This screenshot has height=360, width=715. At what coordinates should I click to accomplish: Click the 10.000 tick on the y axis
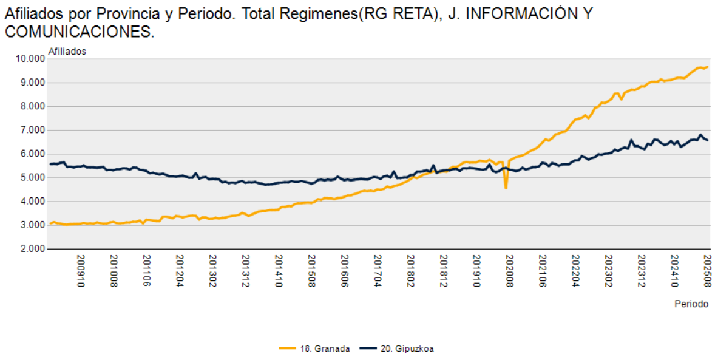click(30, 59)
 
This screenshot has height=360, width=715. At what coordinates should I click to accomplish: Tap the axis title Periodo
click(691, 304)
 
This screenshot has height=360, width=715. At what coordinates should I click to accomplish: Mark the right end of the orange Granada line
click(708, 67)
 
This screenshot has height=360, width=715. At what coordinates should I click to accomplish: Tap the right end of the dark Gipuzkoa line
click(708, 140)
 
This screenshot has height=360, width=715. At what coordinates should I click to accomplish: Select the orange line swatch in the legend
click(287, 348)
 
